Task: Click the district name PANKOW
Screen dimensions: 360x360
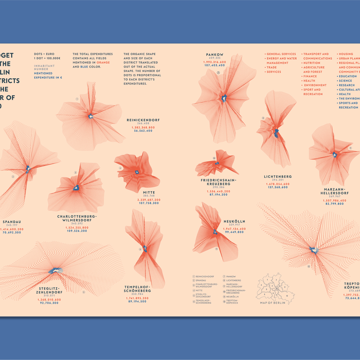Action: click(x=215, y=54)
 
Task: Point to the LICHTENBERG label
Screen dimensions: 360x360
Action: click(x=278, y=177)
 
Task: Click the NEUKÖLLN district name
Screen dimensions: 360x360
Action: click(x=234, y=221)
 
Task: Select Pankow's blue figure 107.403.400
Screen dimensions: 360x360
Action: click(x=214, y=65)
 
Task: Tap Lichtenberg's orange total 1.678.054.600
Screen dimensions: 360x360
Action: click(x=278, y=184)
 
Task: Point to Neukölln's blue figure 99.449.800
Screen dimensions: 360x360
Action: click(x=234, y=232)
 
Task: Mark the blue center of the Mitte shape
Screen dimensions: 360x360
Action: click(x=137, y=171)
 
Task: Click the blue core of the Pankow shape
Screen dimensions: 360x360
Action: click(x=224, y=98)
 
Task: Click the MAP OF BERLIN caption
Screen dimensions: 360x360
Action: click(x=272, y=302)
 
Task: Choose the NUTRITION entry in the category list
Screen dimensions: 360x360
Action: click(x=311, y=63)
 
